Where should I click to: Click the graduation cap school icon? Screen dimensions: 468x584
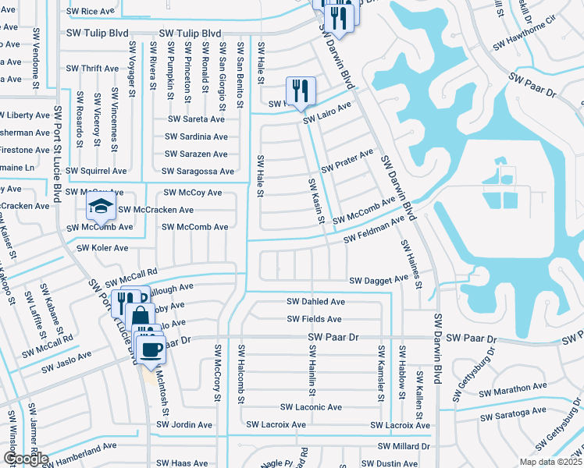point(101,207)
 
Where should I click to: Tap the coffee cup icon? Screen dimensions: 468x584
point(152,349)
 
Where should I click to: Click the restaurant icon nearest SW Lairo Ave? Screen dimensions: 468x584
point(301,90)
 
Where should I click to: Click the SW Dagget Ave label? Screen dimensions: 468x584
point(379,280)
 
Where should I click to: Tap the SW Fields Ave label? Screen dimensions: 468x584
point(314,319)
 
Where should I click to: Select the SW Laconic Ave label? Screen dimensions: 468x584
point(312,407)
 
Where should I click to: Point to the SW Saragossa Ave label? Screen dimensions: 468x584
point(198,171)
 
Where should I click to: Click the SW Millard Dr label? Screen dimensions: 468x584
point(404,446)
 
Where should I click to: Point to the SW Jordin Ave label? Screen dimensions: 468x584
point(183,425)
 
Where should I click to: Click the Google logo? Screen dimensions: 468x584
point(26,459)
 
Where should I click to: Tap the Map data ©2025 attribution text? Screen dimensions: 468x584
point(550,462)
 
